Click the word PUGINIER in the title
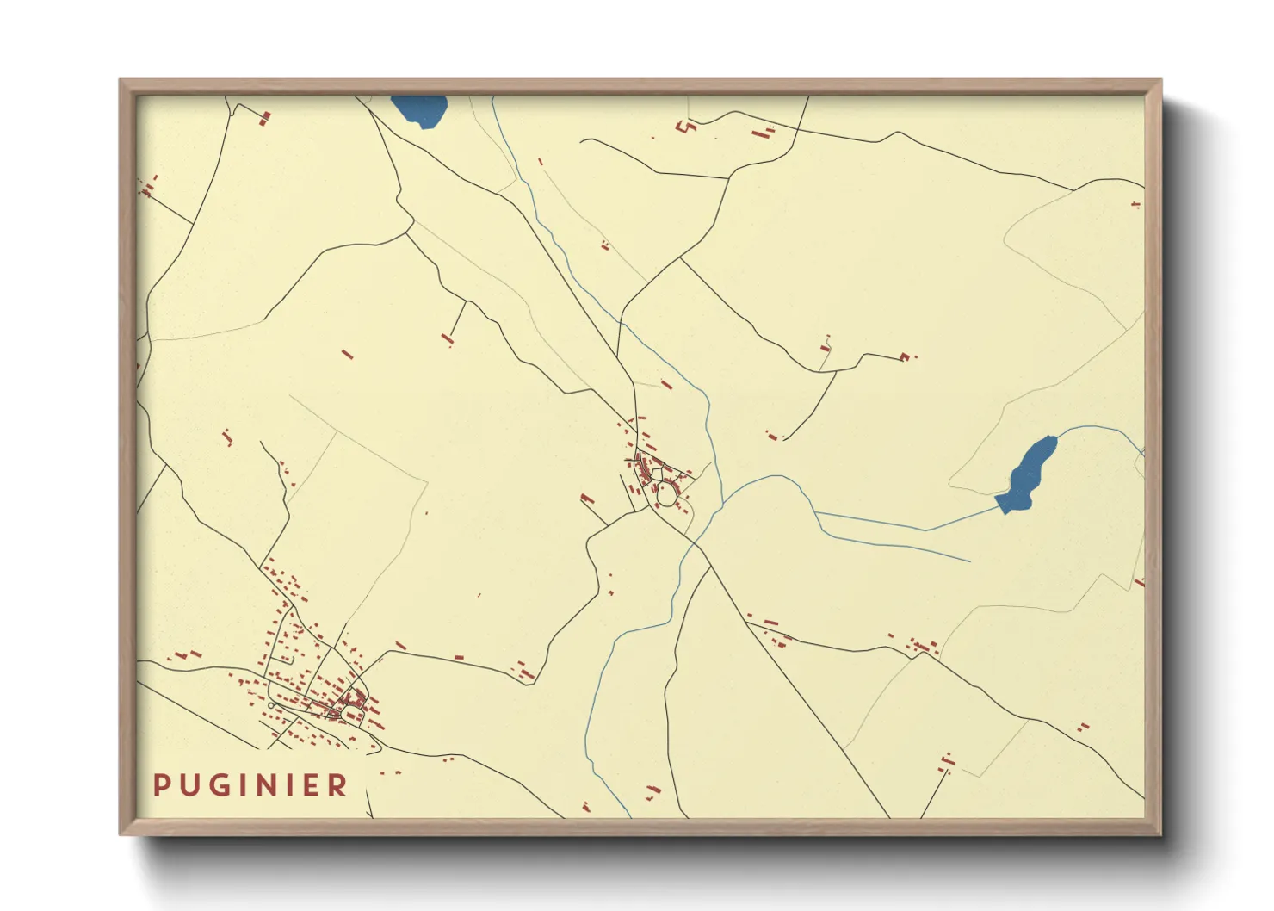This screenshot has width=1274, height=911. click(x=250, y=785)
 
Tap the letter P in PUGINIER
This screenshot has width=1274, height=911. click(x=161, y=785)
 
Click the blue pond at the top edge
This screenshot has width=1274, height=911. click(x=419, y=109)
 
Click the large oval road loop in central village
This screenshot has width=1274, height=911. click(x=667, y=494)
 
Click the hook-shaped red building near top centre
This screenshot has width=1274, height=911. click(x=687, y=127)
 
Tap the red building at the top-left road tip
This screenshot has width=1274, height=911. click(x=265, y=118)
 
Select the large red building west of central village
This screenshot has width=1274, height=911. click(x=588, y=499)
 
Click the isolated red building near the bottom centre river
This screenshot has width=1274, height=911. click(x=653, y=790)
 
